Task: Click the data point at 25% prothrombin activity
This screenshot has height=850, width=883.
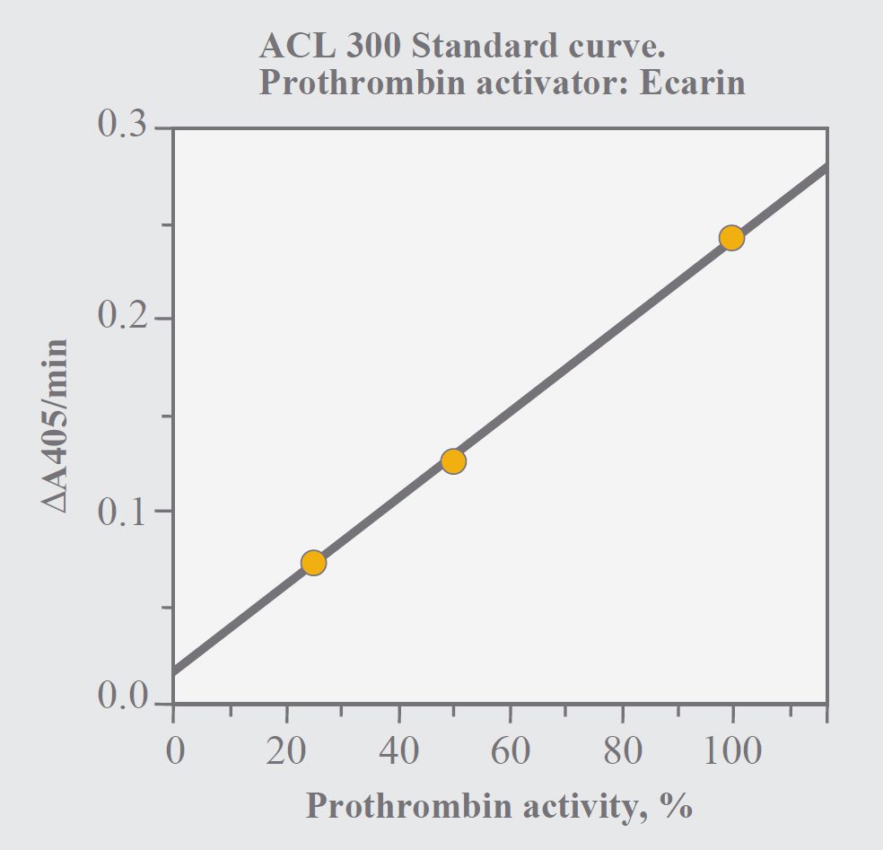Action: click(x=313, y=563)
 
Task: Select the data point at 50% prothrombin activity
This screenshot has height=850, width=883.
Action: click(x=453, y=461)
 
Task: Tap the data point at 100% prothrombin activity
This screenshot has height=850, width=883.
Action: click(x=731, y=238)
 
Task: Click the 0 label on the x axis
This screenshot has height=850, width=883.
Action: click(x=174, y=749)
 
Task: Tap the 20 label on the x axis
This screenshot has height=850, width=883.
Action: click(x=286, y=749)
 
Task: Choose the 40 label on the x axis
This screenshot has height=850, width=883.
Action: click(x=398, y=749)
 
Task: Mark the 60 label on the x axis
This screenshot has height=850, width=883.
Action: click(x=510, y=749)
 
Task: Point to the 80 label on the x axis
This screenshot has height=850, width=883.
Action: click(x=622, y=749)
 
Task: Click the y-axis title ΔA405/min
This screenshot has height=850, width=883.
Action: click(x=55, y=426)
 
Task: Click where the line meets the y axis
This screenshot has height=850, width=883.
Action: click(x=174, y=670)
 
